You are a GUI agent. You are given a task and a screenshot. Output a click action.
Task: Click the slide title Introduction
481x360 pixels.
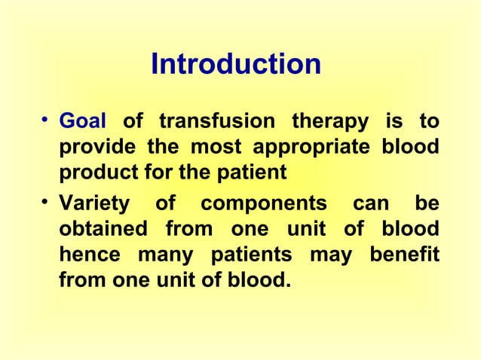coord(236,65)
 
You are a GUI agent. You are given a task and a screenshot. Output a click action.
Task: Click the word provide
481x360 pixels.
coord(92,148)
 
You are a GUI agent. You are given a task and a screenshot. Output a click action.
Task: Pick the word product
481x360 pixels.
coord(94,174)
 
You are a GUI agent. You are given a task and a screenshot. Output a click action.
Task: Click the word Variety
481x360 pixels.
coord(92,204)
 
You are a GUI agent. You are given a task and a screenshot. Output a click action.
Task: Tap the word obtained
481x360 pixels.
coord(99,229)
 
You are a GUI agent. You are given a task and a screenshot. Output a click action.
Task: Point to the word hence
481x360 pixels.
coord(84,255)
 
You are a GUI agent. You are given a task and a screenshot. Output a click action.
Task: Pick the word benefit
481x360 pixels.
coord(403,255)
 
